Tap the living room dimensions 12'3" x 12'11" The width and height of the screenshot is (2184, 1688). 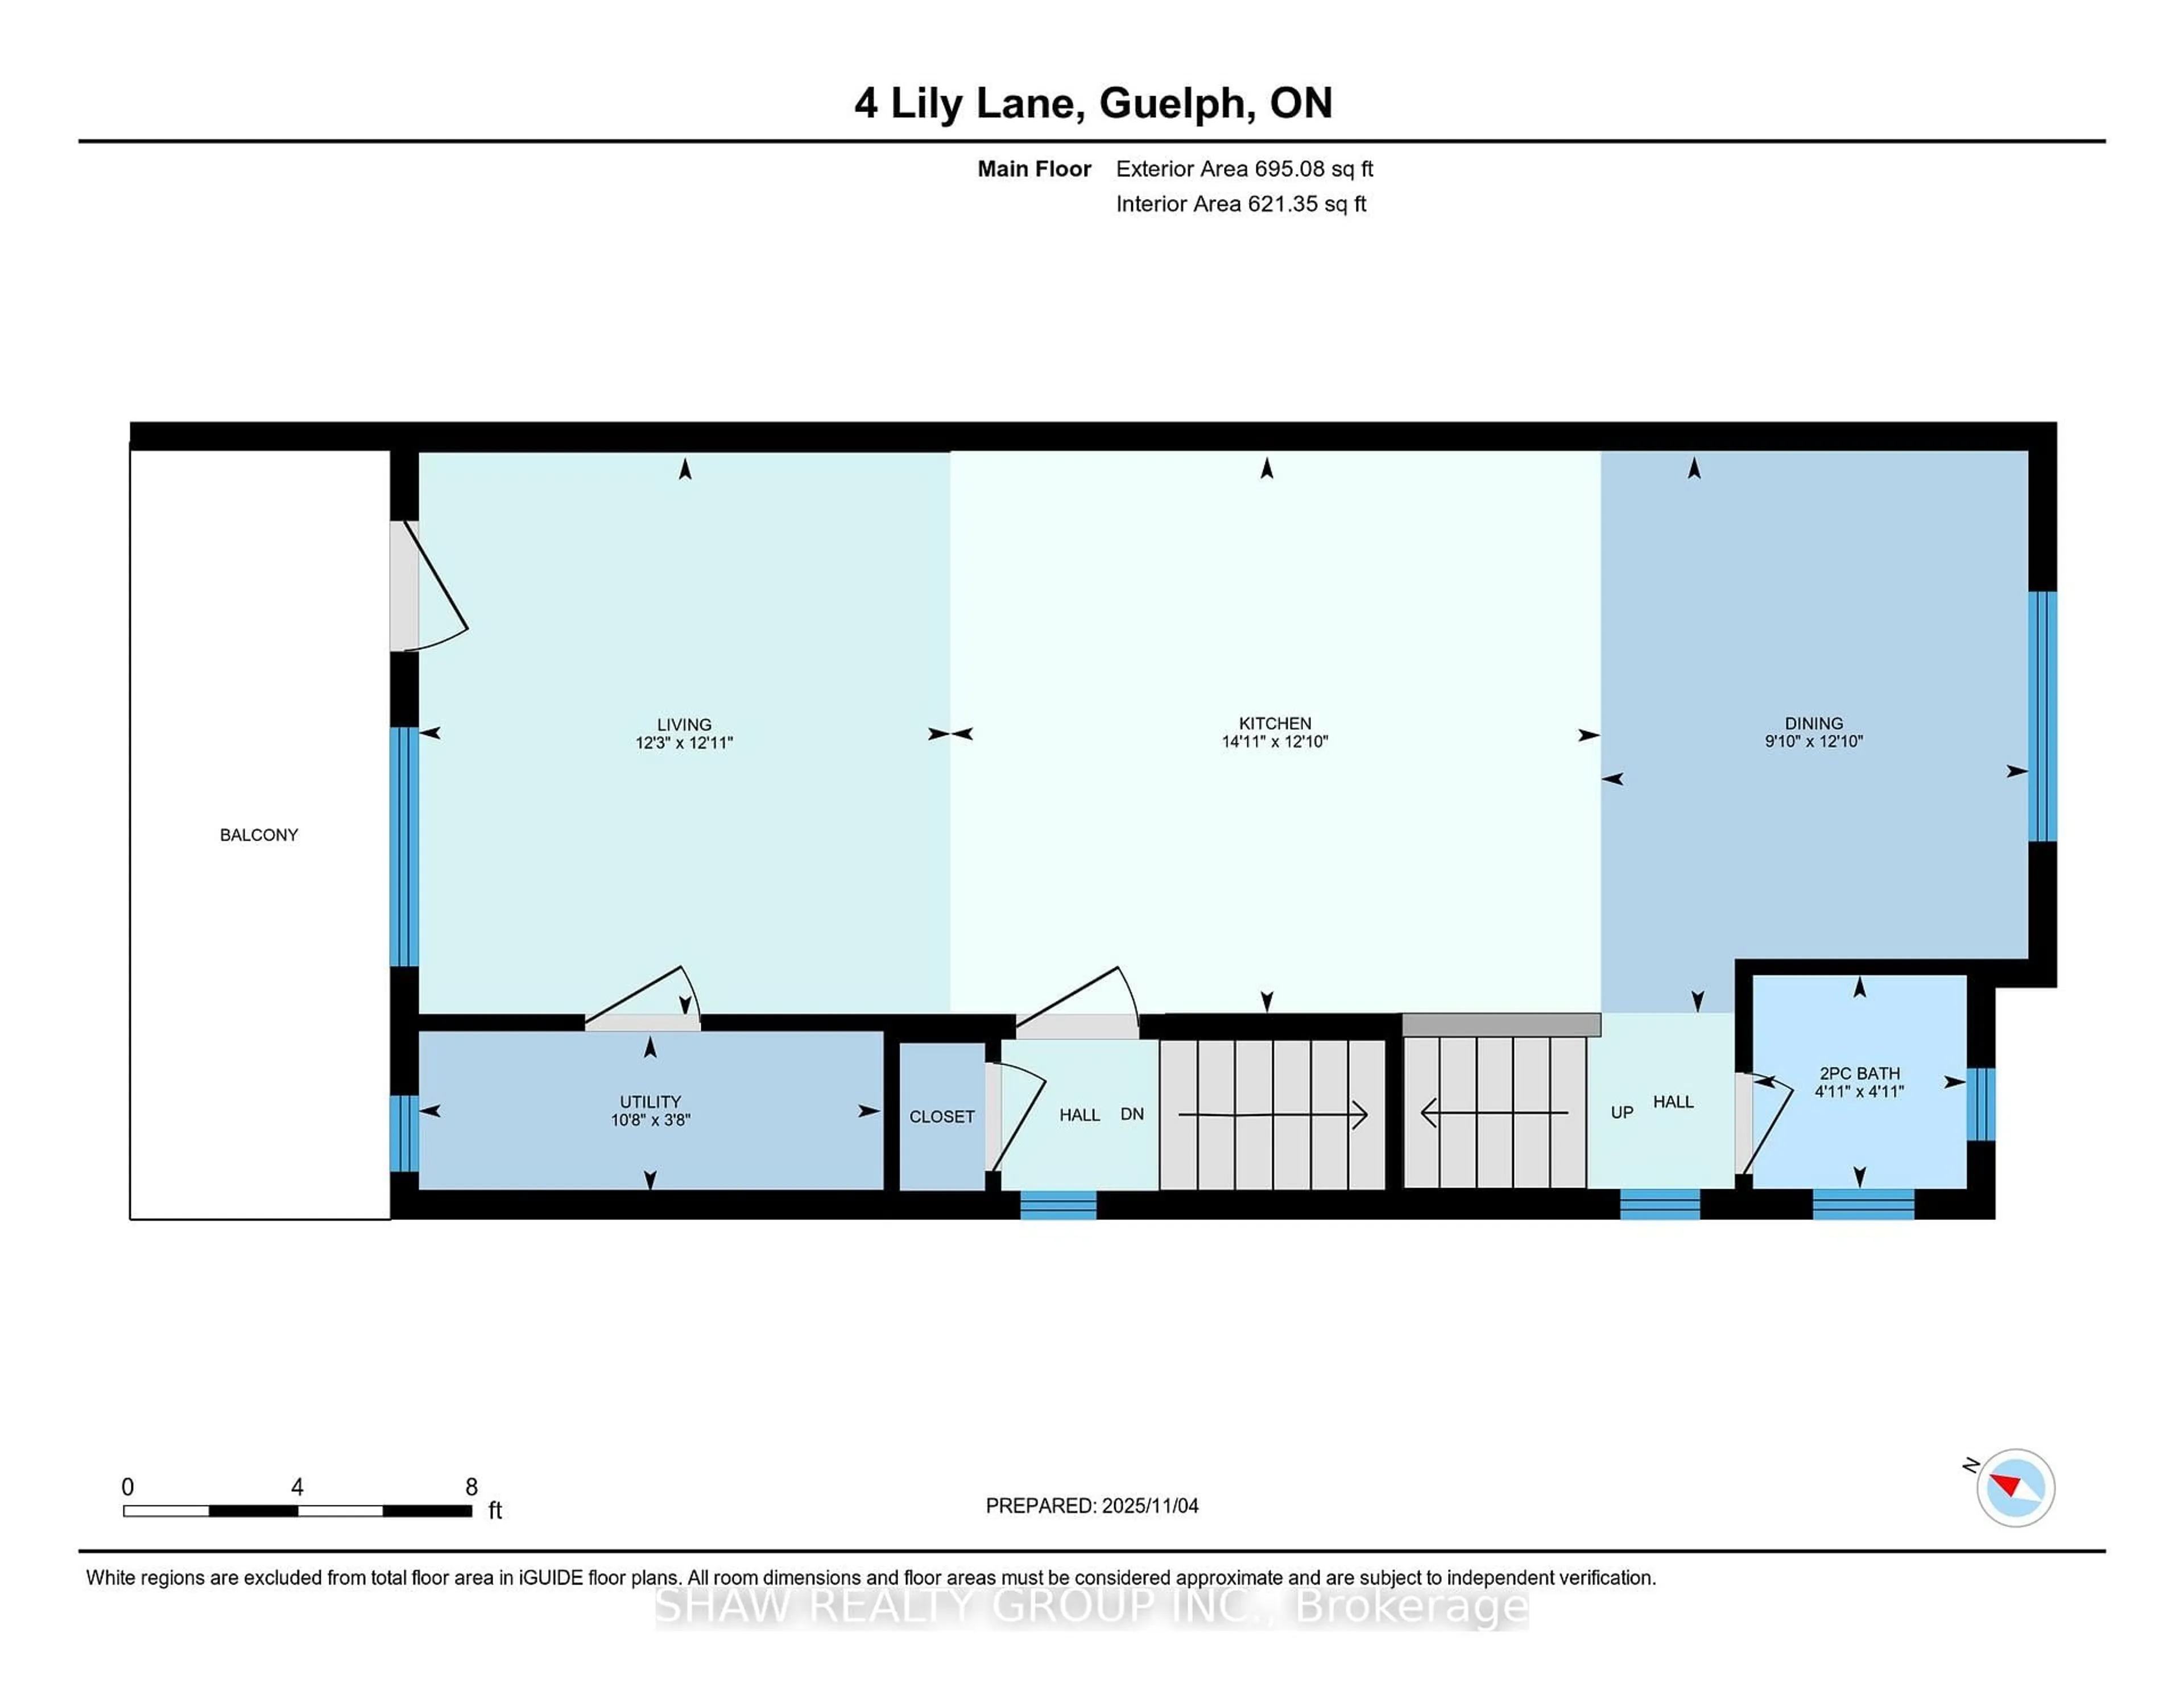pos(684,743)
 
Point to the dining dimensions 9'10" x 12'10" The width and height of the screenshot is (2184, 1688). pos(1813,741)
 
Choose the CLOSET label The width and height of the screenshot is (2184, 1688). pos(941,1116)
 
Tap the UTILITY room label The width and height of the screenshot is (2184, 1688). pos(650,1101)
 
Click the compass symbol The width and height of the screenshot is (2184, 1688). pos(2015,1487)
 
